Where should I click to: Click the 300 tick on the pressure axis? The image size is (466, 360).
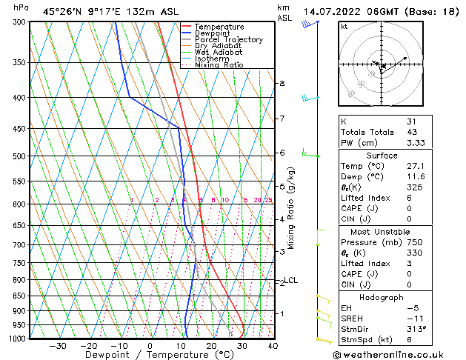coord(19,22)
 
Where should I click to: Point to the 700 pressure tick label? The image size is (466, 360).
coord(19,244)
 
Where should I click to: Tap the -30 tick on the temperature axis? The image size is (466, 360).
coord(57,345)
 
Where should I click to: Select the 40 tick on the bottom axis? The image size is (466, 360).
coord(273,345)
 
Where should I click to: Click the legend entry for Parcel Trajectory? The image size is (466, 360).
coord(228,39)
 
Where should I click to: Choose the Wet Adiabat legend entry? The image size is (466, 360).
coord(222,52)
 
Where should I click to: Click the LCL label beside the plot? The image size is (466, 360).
coord(291,280)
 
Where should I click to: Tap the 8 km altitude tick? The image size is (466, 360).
coord(282,84)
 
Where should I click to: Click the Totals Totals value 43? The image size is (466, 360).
coord(411,132)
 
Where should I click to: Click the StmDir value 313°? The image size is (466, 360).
coord(414,330)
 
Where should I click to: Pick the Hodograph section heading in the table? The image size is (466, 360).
coord(382,297)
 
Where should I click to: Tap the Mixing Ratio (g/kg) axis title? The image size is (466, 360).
coord(291,208)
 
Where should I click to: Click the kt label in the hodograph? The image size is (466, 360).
coord(344,27)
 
